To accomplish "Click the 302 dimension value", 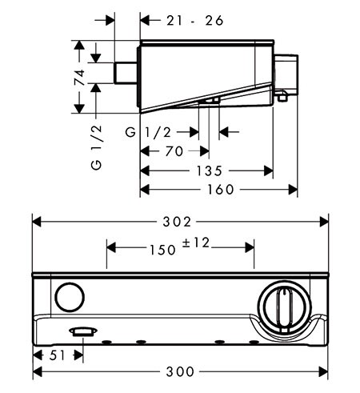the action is pos(177,222).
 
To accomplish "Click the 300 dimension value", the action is pos(180,371).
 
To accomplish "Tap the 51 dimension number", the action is pos(57,355).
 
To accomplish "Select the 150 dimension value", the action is pos(162,250).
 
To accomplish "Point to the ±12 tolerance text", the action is pos(196,243).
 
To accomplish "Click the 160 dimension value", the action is pos(221,190).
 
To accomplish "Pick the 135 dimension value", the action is pos(209,170).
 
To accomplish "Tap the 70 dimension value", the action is pos(174,151).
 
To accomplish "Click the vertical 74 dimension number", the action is pos(80,78).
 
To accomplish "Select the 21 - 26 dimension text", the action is pos(195,21).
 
